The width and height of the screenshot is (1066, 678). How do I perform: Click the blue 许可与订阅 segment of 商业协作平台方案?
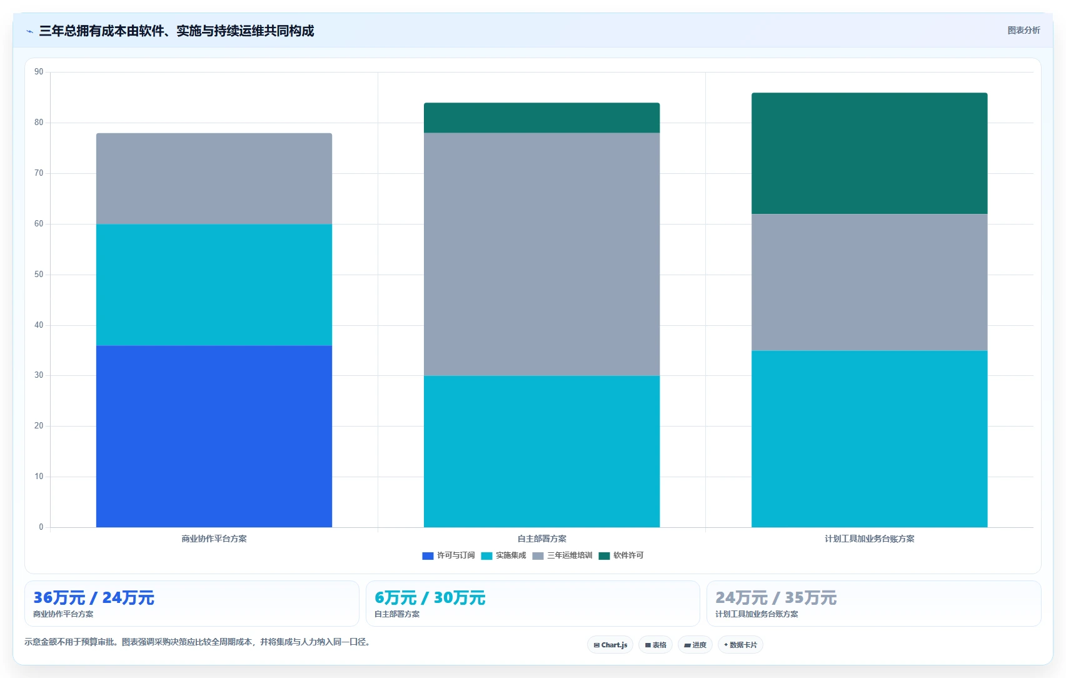(x=214, y=436)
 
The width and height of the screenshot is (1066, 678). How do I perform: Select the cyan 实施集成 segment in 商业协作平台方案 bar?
(x=214, y=285)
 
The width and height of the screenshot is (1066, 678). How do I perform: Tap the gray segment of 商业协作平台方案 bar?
(x=214, y=178)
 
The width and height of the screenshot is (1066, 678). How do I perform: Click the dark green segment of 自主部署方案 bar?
(x=541, y=118)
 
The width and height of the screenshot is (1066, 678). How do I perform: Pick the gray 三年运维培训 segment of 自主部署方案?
(x=541, y=254)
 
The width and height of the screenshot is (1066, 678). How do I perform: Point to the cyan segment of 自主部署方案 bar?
(x=541, y=452)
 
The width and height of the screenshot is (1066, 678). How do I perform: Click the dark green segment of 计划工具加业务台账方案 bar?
(x=870, y=153)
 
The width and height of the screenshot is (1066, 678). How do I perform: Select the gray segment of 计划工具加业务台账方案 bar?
(x=870, y=282)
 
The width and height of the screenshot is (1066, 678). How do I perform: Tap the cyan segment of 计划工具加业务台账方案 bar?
(x=870, y=439)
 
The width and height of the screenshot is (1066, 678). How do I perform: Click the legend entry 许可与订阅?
(x=448, y=555)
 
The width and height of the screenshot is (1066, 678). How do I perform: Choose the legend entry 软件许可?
(x=621, y=555)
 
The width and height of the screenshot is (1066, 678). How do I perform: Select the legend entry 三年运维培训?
(x=562, y=555)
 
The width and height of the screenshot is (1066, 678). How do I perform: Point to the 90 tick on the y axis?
(x=39, y=72)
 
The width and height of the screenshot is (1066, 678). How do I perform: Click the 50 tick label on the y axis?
(x=39, y=274)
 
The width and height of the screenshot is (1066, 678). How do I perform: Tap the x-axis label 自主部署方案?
(x=541, y=539)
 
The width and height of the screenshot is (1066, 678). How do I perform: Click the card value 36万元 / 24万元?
(x=94, y=597)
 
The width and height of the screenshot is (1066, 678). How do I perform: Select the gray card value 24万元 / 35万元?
(x=776, y=597)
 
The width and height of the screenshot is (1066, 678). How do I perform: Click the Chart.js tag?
(x=610, y=645)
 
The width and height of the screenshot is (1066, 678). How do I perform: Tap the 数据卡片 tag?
(x=740, y=645)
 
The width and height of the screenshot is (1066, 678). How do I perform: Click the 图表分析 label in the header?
(x=1023, y=31)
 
